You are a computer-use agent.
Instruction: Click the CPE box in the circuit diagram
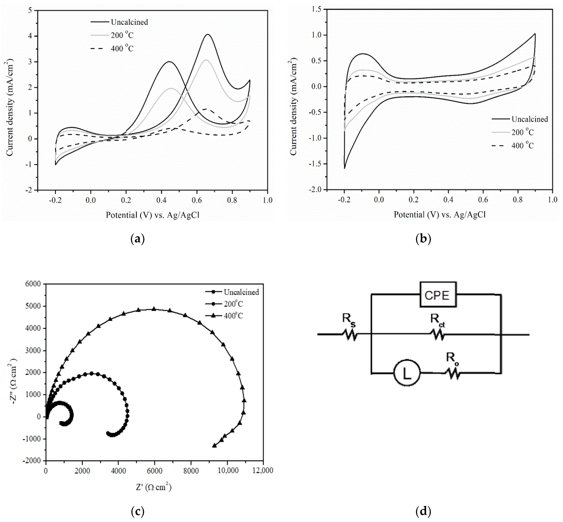point(438,295)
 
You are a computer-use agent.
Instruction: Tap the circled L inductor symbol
point(407,373)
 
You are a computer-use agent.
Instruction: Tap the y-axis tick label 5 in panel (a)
point(30,10)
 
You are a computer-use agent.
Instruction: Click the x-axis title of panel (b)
point(440,215)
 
